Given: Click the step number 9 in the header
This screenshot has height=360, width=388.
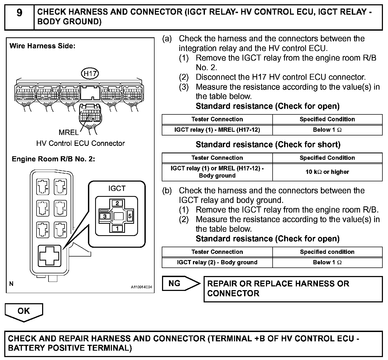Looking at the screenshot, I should [x=19, y=13].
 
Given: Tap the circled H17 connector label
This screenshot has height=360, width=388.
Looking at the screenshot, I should [x=90, y=74].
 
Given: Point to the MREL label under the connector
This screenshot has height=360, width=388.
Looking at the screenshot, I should [x=68, y=132].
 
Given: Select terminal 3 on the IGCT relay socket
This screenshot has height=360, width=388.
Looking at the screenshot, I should [x=105, y=216].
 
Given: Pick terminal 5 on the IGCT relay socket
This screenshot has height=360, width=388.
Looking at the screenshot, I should [x=130, y=216].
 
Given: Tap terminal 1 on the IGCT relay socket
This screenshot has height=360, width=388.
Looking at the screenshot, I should [x=117, y=229].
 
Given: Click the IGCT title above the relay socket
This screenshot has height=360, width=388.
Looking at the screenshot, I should [x=117, y=189].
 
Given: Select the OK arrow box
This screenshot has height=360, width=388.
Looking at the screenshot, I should [x=24, y=311].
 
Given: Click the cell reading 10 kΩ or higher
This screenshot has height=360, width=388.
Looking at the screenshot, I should [x=327, y=172].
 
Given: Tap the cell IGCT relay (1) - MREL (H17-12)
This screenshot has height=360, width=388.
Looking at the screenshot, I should [x=217, y=130].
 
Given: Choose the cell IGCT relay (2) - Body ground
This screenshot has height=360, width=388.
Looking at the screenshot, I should [x=217, y=262].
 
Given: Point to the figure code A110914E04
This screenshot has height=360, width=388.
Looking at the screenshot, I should [x=141, y=287].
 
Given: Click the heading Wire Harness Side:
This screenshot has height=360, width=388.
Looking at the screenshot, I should [x=42, y=46].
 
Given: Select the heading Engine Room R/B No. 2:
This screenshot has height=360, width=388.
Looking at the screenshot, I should [x=54, y=159].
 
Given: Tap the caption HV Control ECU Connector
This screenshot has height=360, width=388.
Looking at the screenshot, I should [x=80, y=143].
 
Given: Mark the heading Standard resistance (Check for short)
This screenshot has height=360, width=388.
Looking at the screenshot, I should [x=268, y=145].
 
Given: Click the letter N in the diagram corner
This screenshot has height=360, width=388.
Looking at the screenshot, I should [x=11, y=284].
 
